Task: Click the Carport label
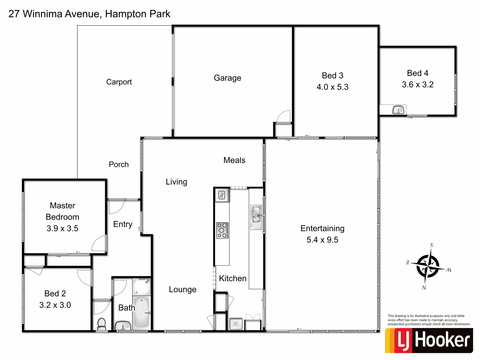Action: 119,82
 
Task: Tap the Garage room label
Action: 227,78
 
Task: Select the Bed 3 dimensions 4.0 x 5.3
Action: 332,86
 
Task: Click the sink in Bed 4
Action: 398,110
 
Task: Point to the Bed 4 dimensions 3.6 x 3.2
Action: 418,84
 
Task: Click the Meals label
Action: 234,160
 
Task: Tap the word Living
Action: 176,182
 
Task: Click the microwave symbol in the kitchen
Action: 221,196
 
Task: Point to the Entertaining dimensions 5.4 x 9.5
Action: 322,240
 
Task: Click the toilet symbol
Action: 102,323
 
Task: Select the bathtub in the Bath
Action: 141,311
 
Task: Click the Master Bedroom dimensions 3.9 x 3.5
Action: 62,229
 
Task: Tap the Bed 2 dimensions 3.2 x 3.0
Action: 56,305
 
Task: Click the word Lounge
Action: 182,290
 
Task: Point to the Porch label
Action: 119,164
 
